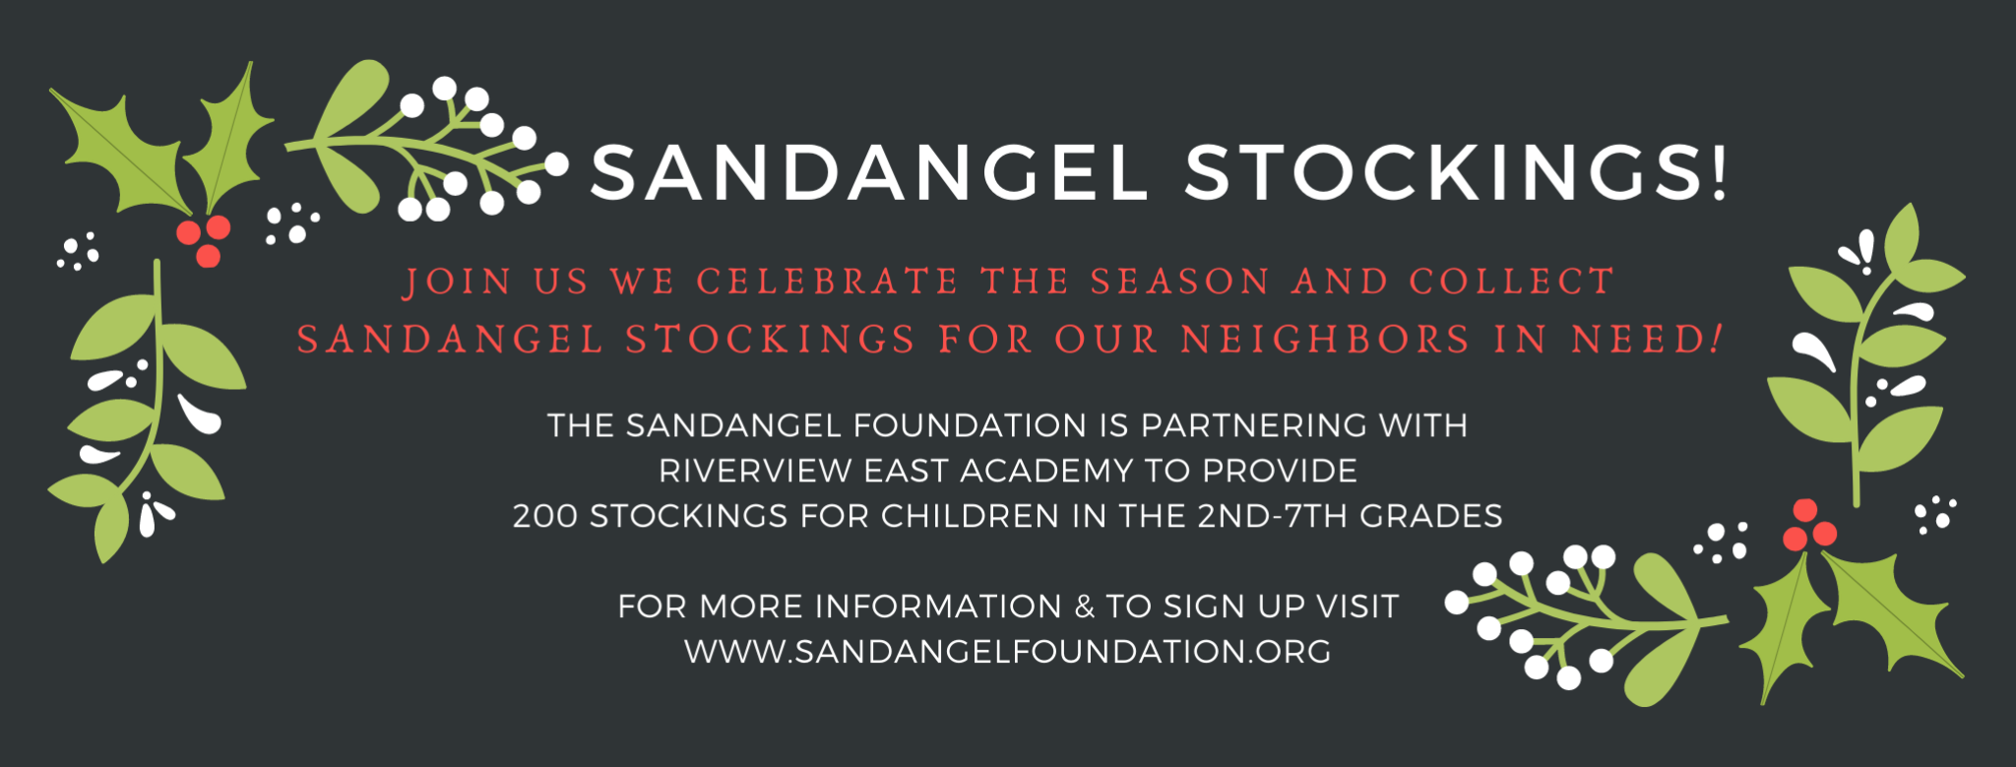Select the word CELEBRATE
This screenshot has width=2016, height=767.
[827, 282]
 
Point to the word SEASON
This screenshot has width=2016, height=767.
[1179, 282]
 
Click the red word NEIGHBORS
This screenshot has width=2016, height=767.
[1325, 340]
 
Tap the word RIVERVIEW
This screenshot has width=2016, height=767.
[755, 471]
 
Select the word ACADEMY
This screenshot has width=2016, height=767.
[1046, 471]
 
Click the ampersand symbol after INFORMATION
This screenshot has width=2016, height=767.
[1084, 607]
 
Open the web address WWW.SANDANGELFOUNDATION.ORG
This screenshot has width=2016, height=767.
[1008, 652]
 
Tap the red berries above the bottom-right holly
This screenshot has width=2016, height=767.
[1807, 527]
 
